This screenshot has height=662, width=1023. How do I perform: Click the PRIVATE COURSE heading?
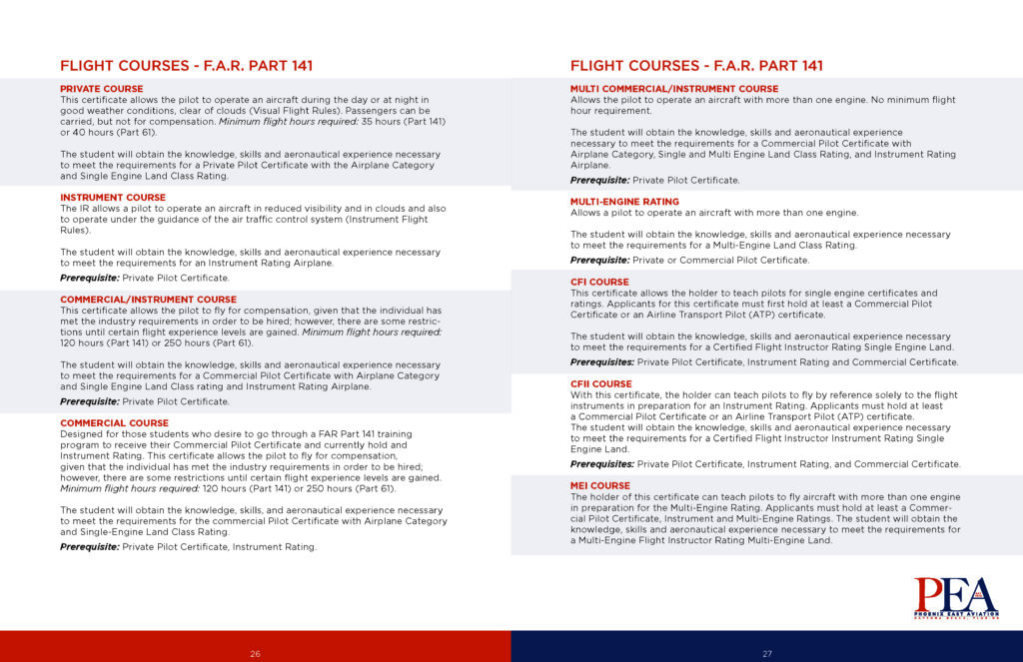tap(102, 89)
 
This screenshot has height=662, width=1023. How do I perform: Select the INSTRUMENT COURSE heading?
tap(113, 198)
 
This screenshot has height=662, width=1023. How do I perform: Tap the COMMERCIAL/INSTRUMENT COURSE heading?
tap(148, 300)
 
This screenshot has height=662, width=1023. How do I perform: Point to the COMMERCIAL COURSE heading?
tap(114, 422)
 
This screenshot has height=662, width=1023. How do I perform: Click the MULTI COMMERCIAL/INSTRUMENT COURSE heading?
tap(674, 89)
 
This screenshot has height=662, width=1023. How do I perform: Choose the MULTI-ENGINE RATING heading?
tap(624, 202)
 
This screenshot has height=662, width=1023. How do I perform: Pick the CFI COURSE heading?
tap(599, 283)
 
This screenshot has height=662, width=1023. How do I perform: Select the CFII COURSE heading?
tap(601, 384)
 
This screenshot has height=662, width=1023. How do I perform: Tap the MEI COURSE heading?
tap(600, 486)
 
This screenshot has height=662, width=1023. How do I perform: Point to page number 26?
tap(256, 654)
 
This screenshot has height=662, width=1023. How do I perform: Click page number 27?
tap(767, 654)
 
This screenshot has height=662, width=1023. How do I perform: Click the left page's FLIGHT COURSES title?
tap(186, 66)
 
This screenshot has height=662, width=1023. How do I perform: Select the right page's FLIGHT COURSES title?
tap(696, 66)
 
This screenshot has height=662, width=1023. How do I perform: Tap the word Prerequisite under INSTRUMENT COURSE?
tap(89, 279)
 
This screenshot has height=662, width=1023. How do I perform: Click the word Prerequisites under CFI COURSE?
tap(602, 362)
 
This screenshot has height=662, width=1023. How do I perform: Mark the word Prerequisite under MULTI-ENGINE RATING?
tap(599, 261)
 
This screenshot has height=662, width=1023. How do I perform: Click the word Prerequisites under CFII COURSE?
tap(602, 464)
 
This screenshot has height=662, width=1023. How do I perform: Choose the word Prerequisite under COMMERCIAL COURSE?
tap(89, 547)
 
